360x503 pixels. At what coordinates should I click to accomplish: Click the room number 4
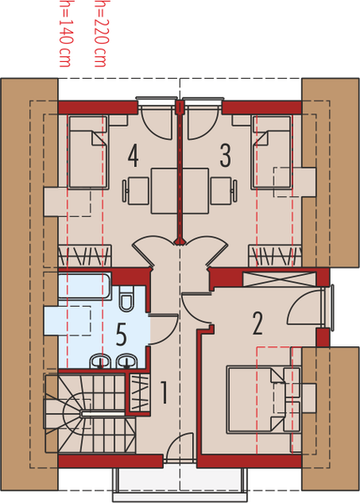click(133, 156)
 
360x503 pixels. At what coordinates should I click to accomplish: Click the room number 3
click(225, 156)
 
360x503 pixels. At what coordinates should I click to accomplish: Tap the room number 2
click(258, 324)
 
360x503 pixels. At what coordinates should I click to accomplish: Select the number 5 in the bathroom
click(121, 334)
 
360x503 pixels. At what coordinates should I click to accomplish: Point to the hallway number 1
click(164, 392)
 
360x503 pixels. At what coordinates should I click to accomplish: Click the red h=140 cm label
click(65, 34)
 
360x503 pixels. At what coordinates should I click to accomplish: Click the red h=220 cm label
click(100, 34)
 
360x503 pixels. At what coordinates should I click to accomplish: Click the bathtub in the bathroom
click(85, 286)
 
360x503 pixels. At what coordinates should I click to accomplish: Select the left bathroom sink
click(100, 360)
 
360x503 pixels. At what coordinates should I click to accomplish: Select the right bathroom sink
click(128, 360)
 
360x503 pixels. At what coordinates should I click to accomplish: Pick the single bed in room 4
click(88, 152)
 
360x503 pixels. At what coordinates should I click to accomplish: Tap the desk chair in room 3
click(224, 190)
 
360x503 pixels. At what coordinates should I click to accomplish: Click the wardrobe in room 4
click(85, 256)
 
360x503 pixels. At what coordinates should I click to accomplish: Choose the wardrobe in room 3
click(275, 256)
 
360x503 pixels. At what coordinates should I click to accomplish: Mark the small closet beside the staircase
click(139, 392)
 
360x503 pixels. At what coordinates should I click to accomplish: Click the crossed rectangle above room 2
click(279, 279)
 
